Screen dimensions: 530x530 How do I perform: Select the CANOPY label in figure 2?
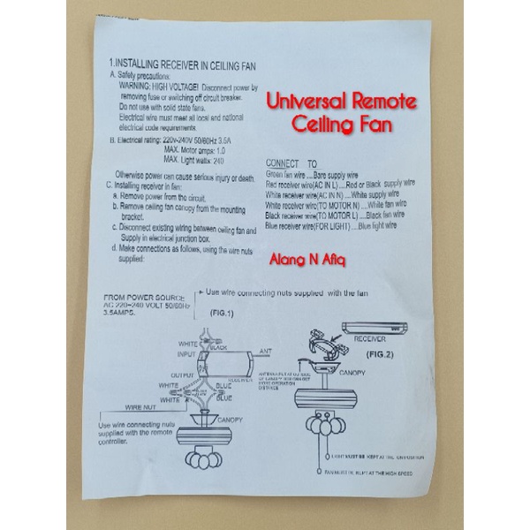point(353,373)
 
